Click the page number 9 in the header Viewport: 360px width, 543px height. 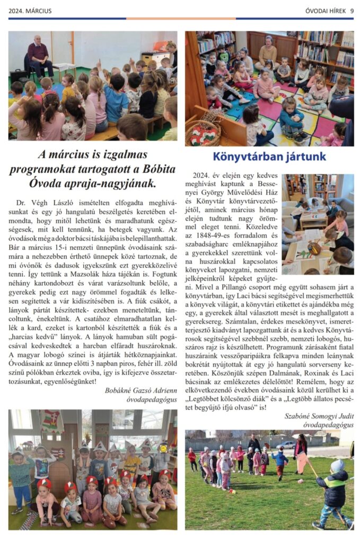pyautogui.click(x=351, y=11)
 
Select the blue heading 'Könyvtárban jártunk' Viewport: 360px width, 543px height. pyautogui.click(x=269, y=156)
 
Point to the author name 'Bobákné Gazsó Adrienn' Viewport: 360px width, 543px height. pyautogui.click(x=142, y=391)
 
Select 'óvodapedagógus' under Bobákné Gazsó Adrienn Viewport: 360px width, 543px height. pyautogui.click(x=152, y=400)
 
